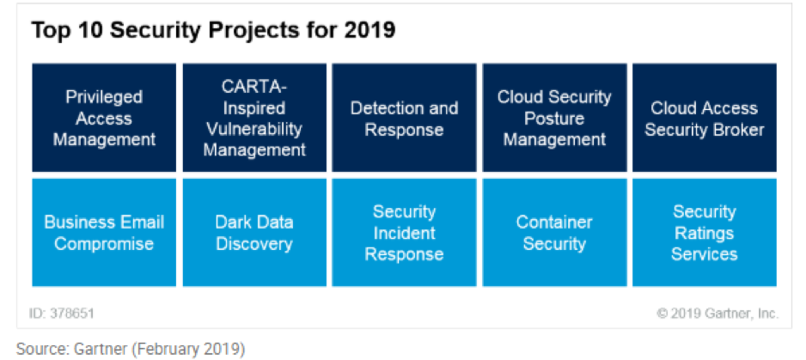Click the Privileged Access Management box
point(104,118)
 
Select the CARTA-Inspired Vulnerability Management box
point(254,118)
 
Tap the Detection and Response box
point(404,118)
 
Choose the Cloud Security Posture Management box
point(554,118)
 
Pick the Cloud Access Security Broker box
point(705,118)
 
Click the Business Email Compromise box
point(104,233)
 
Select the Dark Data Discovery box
point(254,233)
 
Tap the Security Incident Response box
point(404,233)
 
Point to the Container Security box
point(554,233)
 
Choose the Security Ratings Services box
point(705,233)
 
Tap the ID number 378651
point(72,314)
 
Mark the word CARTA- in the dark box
point(254,86)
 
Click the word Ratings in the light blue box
point(705,233)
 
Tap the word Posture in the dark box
point(554,119)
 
